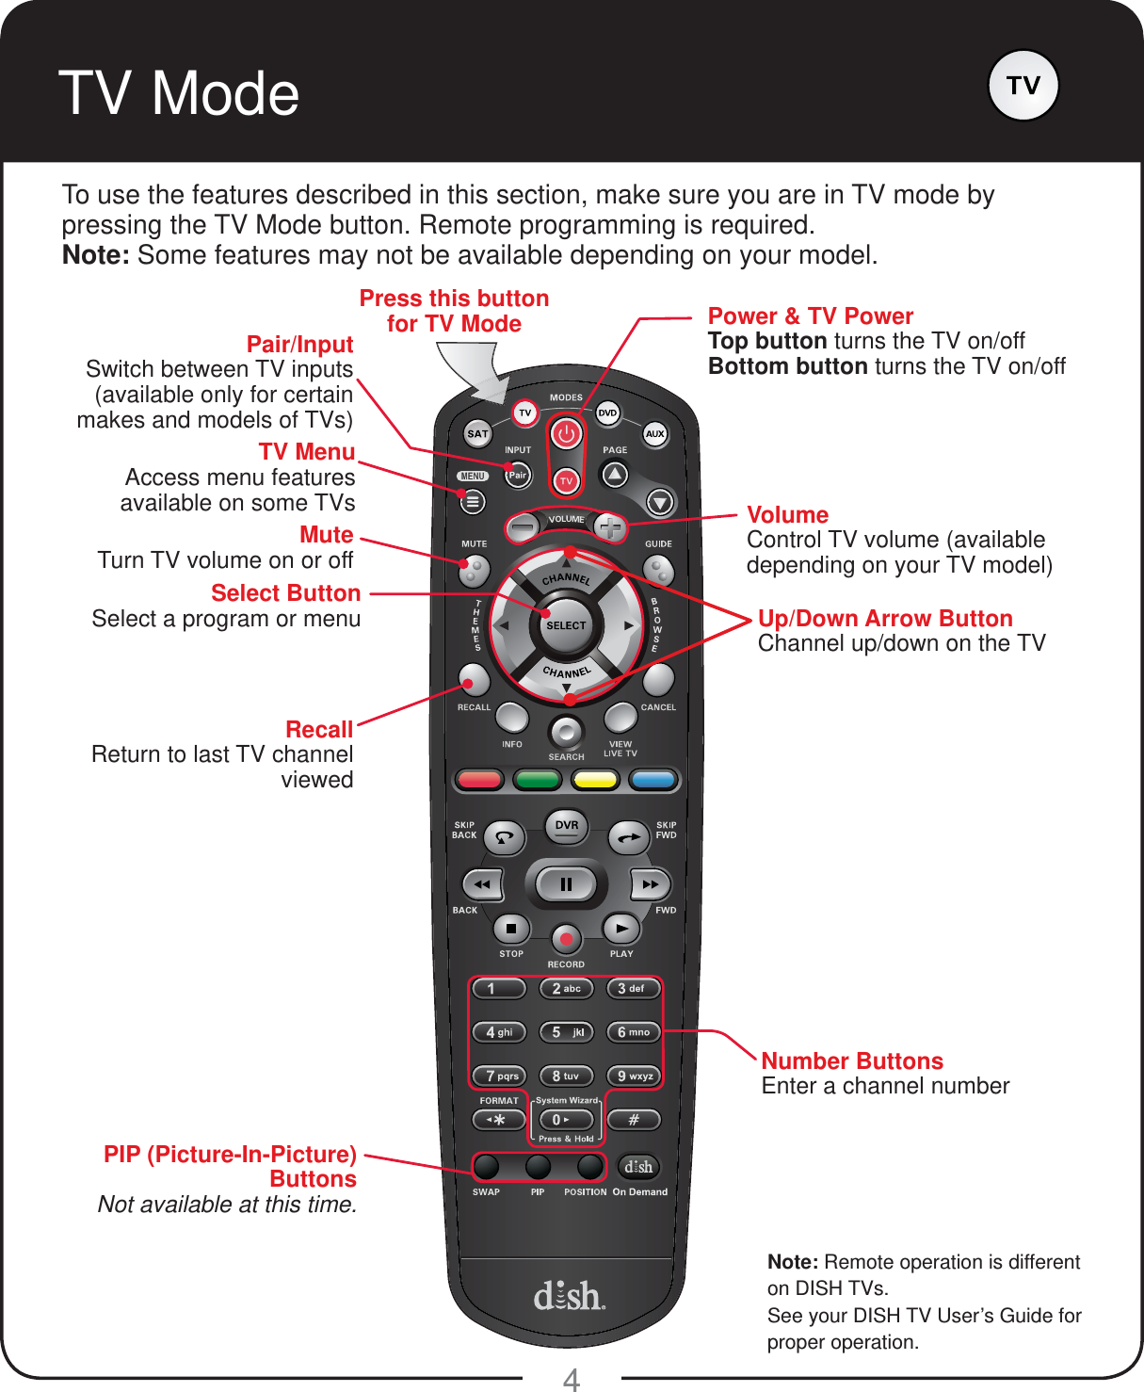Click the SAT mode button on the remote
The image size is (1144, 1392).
[477, 434]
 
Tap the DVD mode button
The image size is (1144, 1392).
[607, 413]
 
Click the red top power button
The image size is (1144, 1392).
[566, 434]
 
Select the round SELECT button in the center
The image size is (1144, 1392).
[566, 625]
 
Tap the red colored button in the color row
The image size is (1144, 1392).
[479, 780]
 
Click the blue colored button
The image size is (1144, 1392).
[653, 780]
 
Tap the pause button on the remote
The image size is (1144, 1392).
[566, 884]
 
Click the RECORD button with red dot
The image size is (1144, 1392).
[566, 939]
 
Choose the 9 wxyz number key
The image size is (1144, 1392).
[634, 1076]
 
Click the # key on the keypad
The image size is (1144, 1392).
[634, 1120]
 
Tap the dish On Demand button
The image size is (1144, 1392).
[638, 1167]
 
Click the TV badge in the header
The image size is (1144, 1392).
[1023, 86]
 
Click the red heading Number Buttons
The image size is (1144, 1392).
[852, 1061]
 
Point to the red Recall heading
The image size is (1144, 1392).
[319, 730]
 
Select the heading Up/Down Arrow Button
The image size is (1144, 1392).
[885, 619]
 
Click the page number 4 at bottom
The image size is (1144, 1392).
[572, 1380]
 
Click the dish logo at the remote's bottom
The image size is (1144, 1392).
[569, 1296]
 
